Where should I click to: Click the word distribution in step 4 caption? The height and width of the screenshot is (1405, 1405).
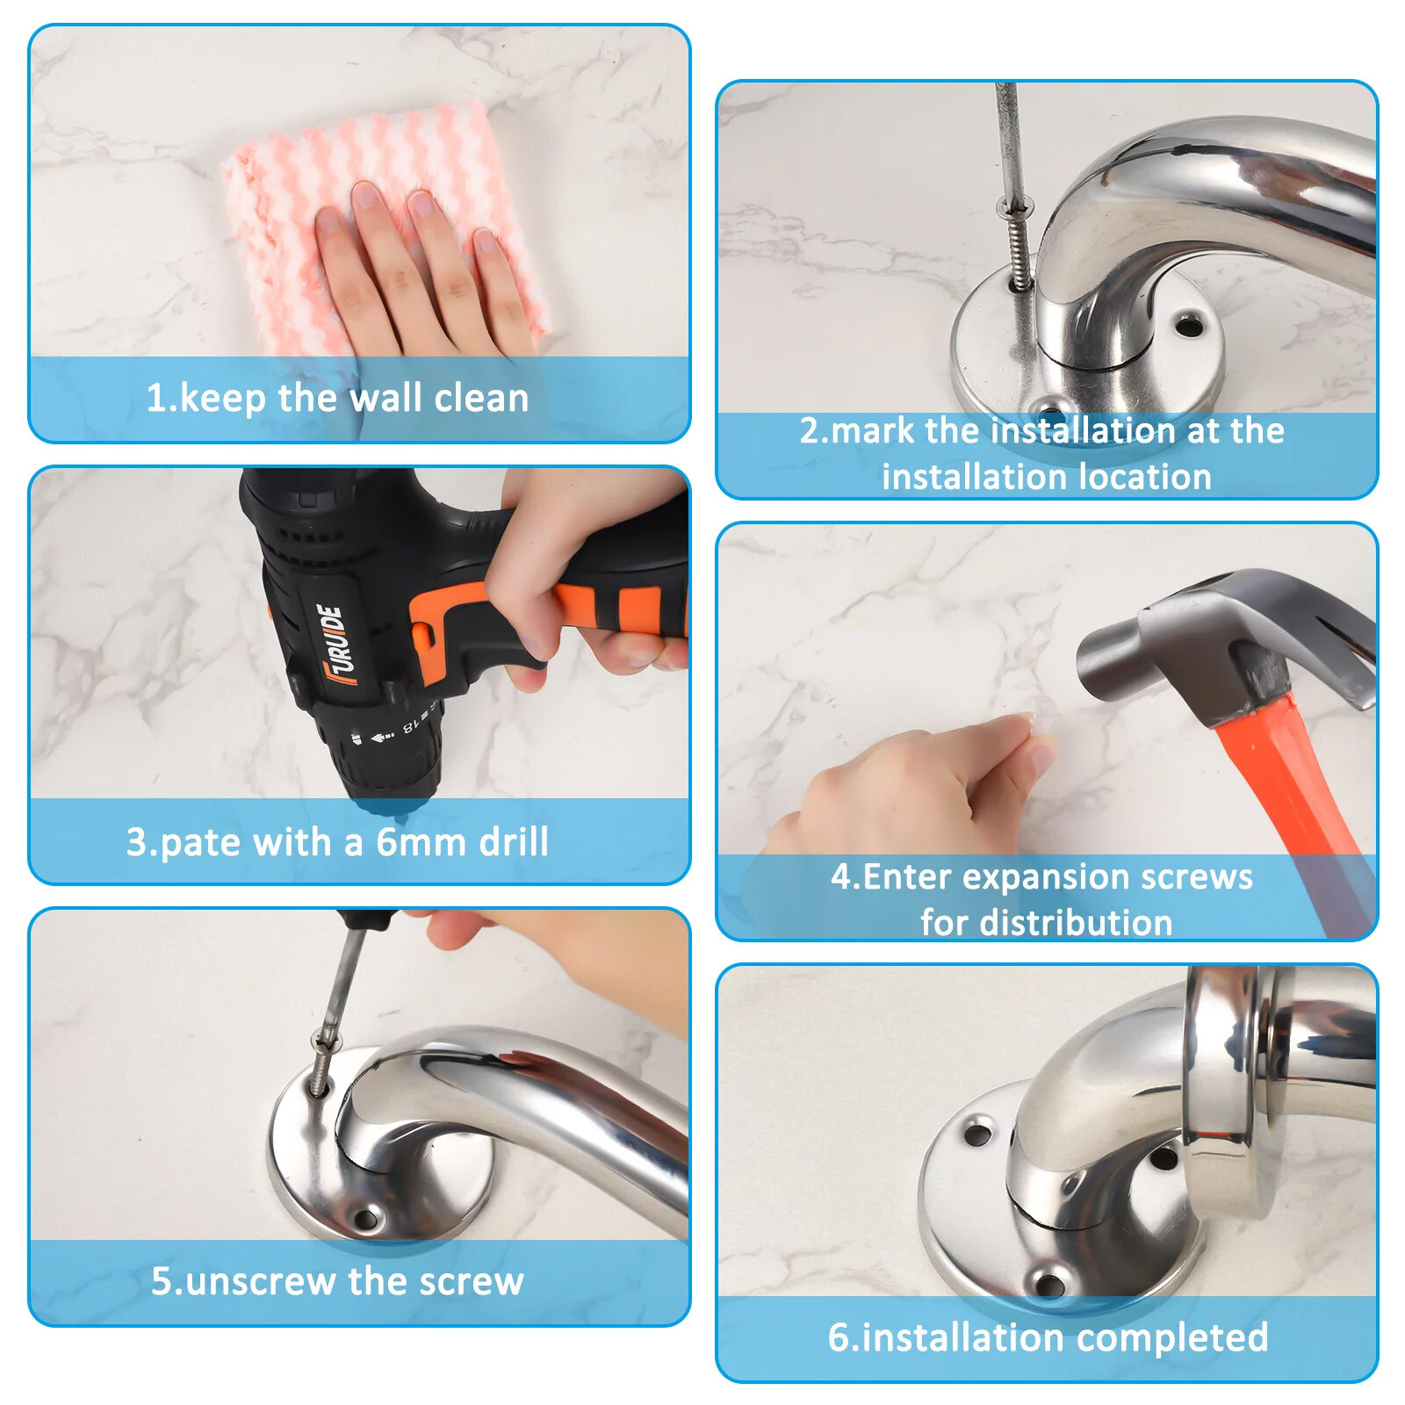tap(1076, 923)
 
